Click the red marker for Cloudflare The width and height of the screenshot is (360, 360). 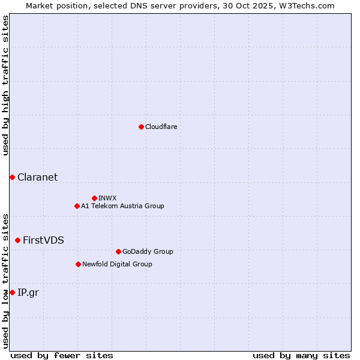tap(141, 127)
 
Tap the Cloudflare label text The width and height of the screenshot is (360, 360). tap(161, 127)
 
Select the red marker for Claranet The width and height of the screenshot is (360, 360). tap(12, 177)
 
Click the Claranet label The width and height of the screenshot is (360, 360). tap(37, 177)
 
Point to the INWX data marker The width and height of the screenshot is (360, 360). tap(94, 198)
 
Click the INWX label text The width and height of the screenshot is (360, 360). tap(107, 198)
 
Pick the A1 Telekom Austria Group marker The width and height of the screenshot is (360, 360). tap(77, 206)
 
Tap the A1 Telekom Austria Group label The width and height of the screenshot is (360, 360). tap(122, 206)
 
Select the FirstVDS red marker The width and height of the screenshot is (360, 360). tap(17, 240)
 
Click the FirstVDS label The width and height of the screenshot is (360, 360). tap(43, 240)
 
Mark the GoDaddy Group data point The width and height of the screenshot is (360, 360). tap(118, 251)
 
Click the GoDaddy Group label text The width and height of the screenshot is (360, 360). tap(147, 251)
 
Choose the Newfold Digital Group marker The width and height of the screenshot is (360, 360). tap(78, 264)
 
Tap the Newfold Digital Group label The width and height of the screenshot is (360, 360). tap(117, 264)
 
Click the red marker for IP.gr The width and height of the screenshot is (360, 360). tap(12, 292)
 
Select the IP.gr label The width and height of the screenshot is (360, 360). tap(28, 292)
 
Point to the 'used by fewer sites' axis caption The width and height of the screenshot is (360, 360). tap(62, 355)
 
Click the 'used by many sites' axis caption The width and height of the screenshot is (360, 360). tap(301, 355)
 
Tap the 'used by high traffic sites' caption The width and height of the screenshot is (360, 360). tap(5, 85)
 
